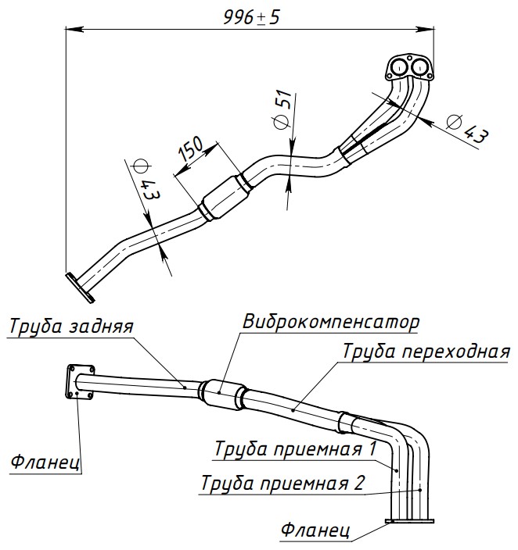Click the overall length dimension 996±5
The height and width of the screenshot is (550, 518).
tap(251, 18)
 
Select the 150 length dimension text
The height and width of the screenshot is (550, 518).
tap(191, 148)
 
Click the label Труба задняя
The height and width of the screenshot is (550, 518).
tap(72, 327)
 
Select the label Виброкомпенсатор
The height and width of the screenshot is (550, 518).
tap(332, 321)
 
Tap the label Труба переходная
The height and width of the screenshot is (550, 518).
tap(426, 350)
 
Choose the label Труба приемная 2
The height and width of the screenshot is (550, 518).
tap(282, 482)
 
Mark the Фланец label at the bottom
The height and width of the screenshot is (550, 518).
tap(315, 531)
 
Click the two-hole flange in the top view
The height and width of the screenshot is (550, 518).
tap(408, 66)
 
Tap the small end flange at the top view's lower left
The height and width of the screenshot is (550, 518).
tap(79, 286)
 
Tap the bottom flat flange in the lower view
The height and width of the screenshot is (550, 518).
tap(410, 523)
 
